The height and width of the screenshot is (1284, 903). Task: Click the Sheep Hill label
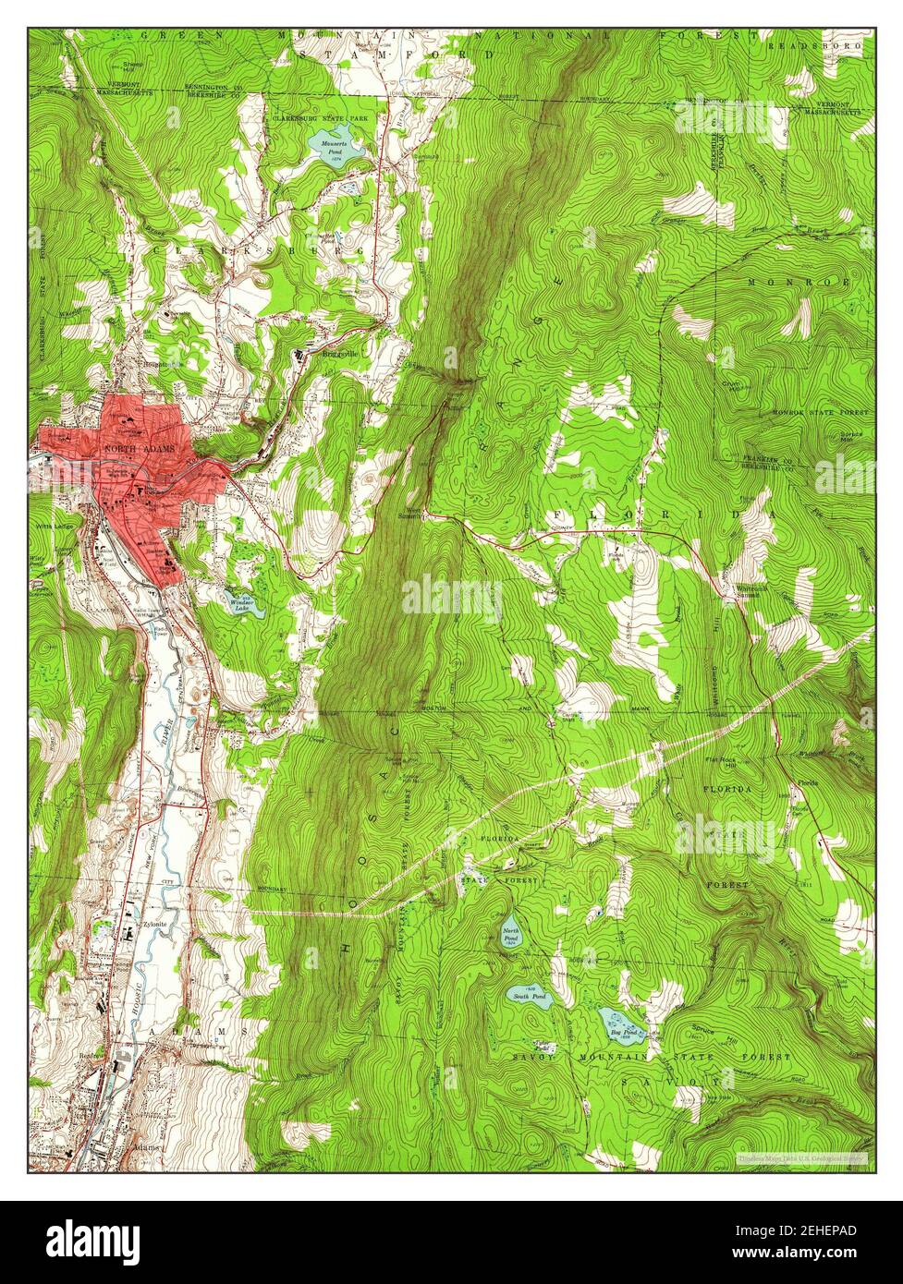[133, 67]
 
